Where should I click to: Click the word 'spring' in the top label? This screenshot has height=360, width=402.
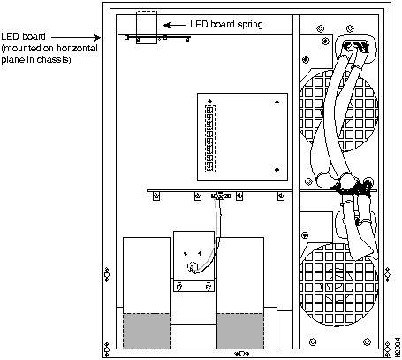coord(250,24)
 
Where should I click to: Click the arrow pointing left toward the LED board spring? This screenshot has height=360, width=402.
coord(174,26)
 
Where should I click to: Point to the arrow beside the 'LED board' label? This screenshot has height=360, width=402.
coord(76,37)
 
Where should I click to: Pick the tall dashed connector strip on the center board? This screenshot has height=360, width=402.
coord(210,139)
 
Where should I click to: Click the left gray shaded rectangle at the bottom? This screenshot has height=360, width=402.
coord(147,331)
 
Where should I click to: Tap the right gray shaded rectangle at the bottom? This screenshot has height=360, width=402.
coord(240,331)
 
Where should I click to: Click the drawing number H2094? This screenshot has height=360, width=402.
coord(397,348)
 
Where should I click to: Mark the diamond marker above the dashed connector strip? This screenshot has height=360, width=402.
coord(209,102)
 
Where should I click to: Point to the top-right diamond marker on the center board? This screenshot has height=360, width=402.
coord(277,102)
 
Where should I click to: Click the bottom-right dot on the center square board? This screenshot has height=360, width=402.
coord(277,170)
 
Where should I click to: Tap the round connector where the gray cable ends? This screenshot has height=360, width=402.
coord(192,266)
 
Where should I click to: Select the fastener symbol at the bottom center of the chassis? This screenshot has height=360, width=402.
coord(241,354)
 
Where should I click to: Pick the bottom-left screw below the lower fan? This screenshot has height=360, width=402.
coord(313,342)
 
